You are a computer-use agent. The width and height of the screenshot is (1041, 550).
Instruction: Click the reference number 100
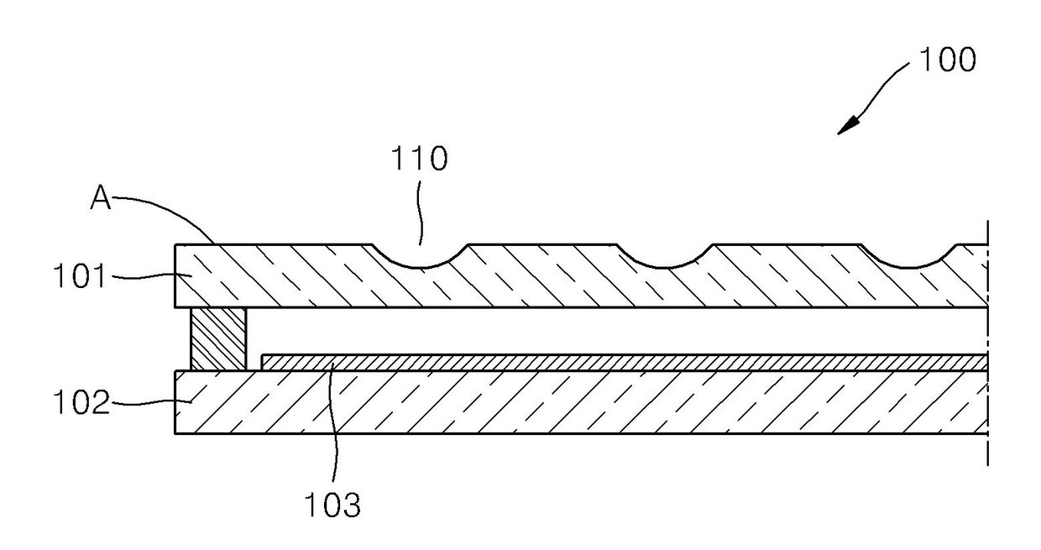click(948, 60)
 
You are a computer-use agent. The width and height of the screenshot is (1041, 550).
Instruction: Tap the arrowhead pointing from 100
click(848, 126)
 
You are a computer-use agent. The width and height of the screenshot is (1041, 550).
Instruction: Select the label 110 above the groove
click(420, 159)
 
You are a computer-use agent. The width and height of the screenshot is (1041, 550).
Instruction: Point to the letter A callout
click(101, 197)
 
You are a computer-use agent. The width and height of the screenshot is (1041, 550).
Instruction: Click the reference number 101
click(80, 275)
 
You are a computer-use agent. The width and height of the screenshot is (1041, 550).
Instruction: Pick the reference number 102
click(81, 401)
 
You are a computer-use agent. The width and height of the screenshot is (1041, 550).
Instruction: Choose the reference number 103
click(332, 505)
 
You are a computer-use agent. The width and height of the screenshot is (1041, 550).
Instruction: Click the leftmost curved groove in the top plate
click(420, 266)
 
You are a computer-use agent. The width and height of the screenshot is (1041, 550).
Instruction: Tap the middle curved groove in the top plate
click(665, 266)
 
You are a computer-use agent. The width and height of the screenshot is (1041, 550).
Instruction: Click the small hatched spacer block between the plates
click(218, 339)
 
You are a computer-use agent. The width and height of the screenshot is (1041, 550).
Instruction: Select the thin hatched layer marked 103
click(624, 363)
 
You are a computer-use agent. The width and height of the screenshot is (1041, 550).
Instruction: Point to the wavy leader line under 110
click(420, 213)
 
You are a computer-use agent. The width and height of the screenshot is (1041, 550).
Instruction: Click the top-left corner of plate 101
click(175, 244)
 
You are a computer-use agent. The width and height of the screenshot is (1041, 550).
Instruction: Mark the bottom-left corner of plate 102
click(175, 434)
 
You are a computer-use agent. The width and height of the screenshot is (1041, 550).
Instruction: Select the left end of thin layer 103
click(262, 363)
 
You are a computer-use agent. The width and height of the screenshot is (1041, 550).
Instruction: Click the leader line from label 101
click(151, 276)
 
